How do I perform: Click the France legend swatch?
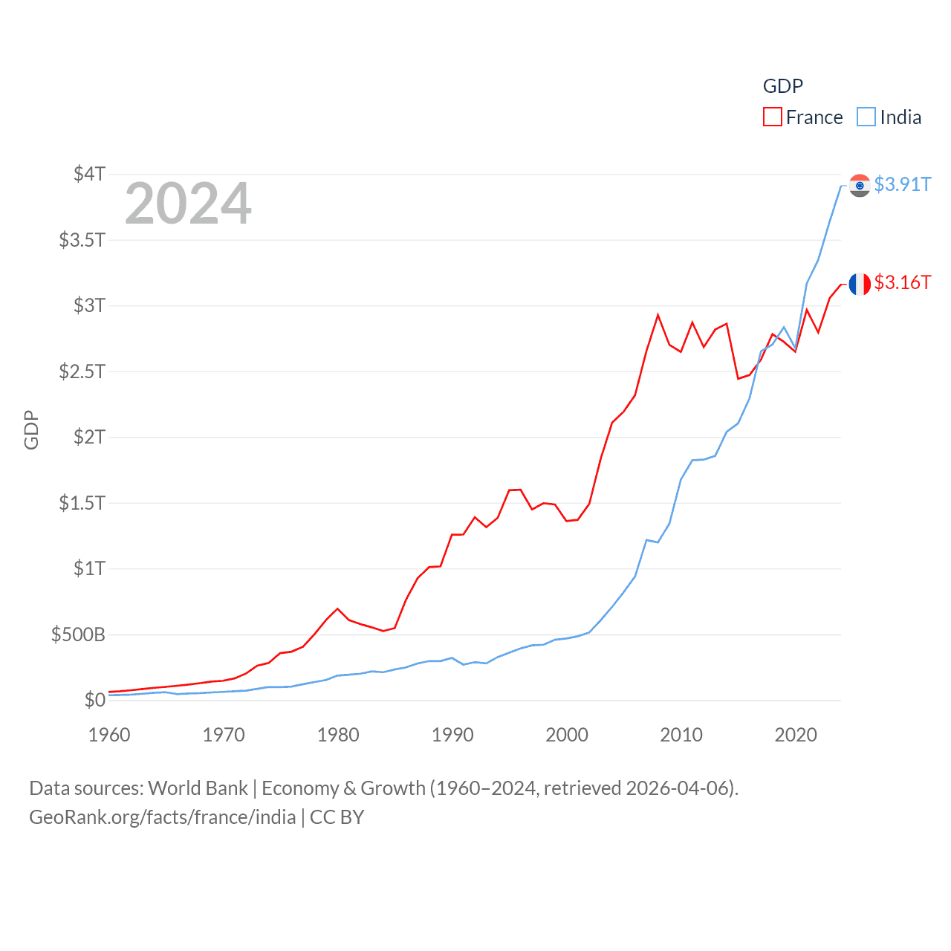point(773,117)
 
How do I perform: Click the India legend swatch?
point(866,117)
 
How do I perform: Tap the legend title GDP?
point(783,86)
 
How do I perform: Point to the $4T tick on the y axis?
point(89,174)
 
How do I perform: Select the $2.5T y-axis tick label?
point(82,371)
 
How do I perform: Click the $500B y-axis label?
point(78,634)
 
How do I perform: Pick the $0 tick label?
point(94,700)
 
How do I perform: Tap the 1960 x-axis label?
point(109,735)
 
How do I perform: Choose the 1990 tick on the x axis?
point(452,735)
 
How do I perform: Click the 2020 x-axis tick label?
point(796,735)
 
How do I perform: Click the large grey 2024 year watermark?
point(188,204)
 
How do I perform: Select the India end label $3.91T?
point(902,184)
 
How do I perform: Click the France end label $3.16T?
point(902,282)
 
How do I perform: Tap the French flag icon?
point(860,284)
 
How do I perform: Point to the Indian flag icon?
point(860,185)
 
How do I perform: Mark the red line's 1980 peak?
point(338,608)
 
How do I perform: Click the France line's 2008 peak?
point(658,315)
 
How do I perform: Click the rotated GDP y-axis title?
point(31,429)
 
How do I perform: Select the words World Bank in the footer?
point(198,788)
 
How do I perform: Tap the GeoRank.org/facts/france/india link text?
point(163,817)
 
